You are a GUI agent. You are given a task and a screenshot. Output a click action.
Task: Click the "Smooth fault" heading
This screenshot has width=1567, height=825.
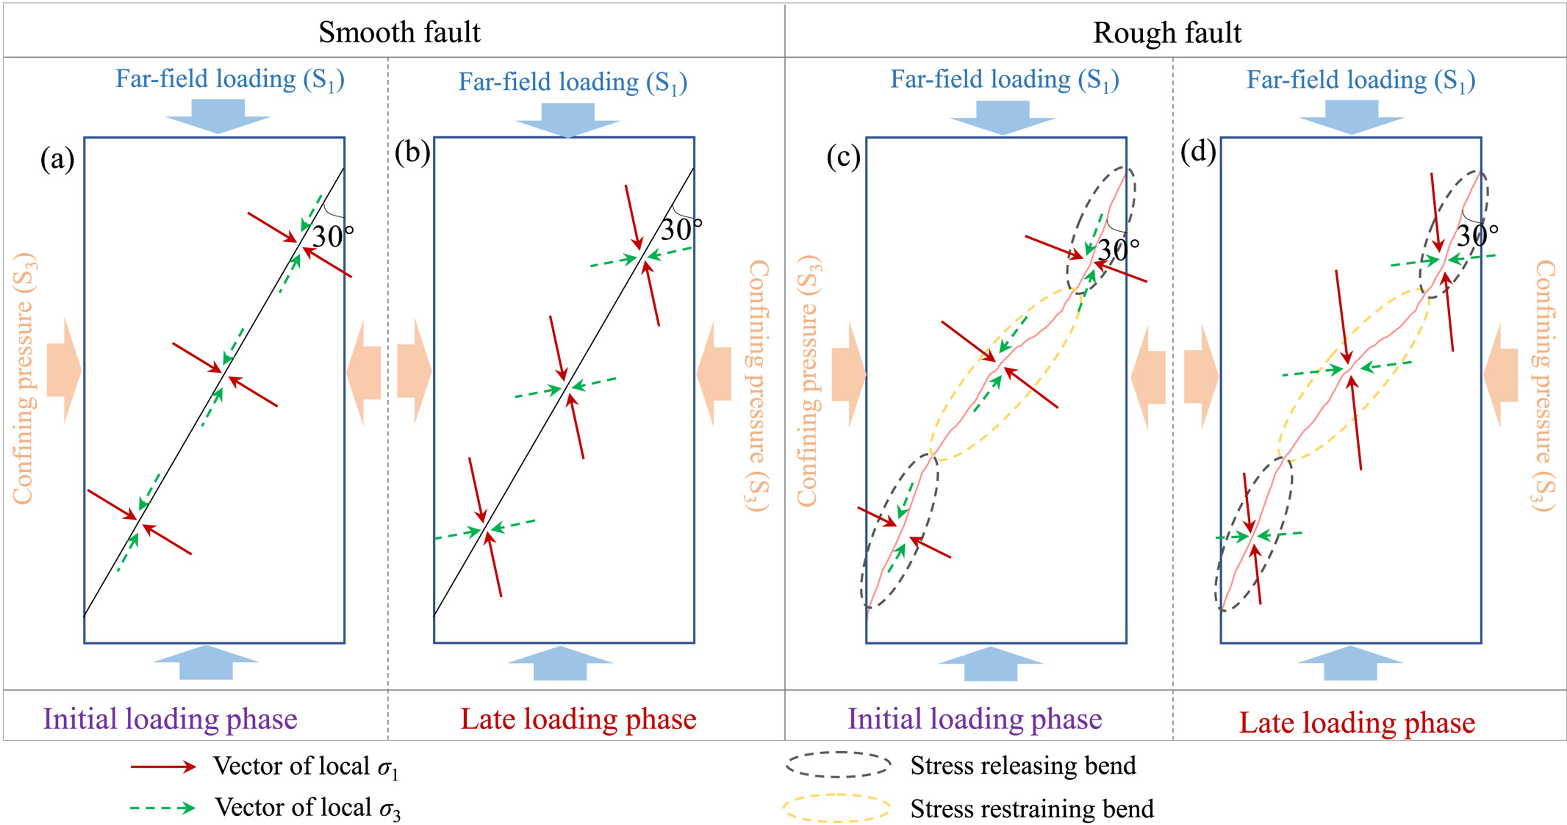400,32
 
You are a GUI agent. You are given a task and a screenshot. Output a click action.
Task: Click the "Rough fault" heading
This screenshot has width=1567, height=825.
1167,32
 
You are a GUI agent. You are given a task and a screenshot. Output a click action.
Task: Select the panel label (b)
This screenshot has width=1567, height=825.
412,152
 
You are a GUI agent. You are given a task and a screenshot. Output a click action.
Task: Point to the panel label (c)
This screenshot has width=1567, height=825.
843,157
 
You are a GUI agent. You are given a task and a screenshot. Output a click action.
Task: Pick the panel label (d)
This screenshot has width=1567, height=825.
1198,152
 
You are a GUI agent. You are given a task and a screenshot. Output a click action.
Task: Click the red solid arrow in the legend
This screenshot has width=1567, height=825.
163,767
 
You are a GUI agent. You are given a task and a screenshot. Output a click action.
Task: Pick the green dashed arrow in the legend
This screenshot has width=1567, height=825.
163,808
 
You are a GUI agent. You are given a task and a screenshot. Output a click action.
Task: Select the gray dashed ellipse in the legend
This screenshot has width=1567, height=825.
838,765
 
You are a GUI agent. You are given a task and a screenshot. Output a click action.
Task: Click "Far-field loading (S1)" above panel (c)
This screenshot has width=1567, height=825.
1004,80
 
